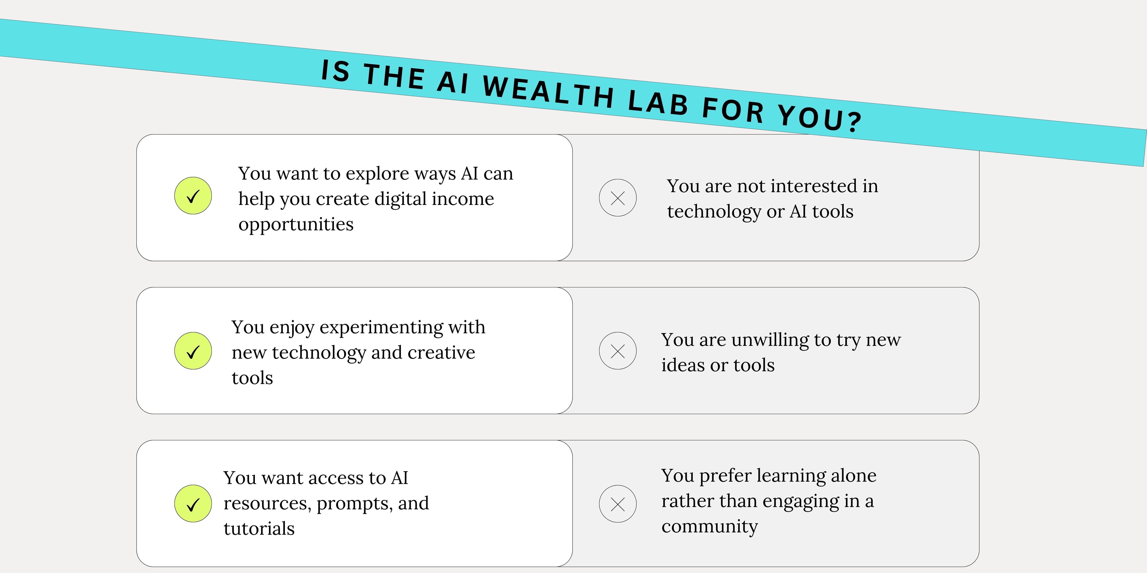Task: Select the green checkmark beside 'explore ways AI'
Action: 193,196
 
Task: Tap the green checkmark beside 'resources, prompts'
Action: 193,504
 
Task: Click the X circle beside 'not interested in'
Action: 618,198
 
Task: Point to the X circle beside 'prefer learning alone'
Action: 618,504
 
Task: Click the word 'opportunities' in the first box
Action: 296,225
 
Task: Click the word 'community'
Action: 709,527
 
